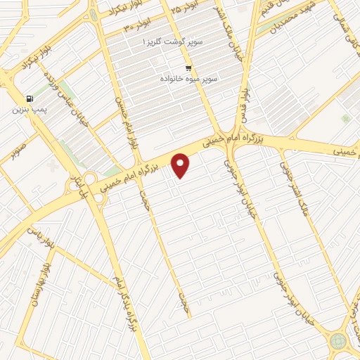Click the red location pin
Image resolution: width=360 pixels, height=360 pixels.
click(x=181, y=165)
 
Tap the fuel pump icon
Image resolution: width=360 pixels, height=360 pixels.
click(x=29, y=98)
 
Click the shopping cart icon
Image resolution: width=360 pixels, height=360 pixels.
click(x=188, y=67)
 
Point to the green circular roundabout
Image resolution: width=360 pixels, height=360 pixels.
click(x=338, y=341)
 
